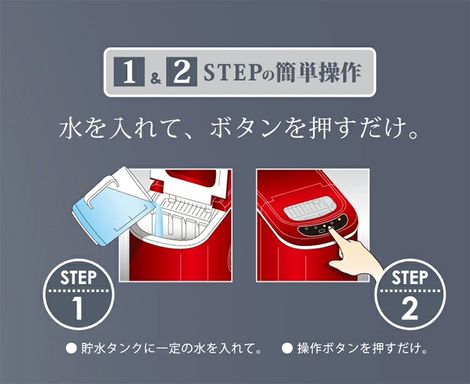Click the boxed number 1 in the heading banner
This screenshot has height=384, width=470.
130,72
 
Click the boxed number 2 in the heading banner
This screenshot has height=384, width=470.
182,72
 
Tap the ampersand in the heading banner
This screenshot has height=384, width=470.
155,78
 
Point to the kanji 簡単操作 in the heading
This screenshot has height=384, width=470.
318,72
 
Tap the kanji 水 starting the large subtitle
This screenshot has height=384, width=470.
70,129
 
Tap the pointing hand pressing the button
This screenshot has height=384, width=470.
353,252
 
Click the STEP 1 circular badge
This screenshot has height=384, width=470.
78,294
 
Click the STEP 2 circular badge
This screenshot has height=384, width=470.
410,294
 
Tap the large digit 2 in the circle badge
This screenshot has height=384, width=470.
409,309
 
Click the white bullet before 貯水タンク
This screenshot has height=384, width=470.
71,349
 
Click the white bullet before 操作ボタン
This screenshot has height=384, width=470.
287,349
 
